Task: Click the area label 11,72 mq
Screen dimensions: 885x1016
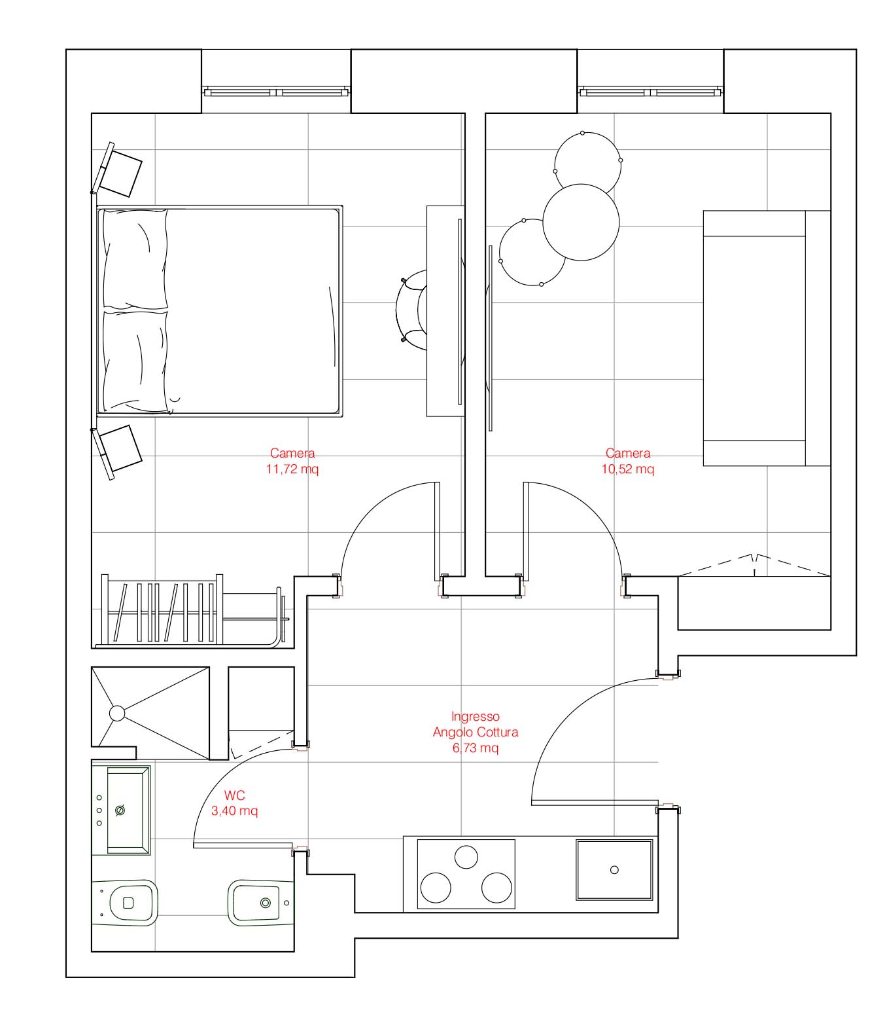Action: click(x=292, y=469)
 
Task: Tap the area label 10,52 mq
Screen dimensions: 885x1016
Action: click(x=627, y=469)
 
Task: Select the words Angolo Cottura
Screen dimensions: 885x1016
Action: click(x=476, y=732)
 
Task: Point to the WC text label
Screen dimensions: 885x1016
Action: click(x=234, y=795)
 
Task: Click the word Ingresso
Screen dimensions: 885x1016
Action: click(x=476, y=716)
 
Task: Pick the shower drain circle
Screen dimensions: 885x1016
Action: click(x=117, y=713)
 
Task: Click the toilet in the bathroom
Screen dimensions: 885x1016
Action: click(x=125, y=903)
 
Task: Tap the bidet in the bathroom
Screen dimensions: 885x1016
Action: click(x=261, y=903)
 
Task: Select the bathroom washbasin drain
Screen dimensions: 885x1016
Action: click(x=120, y=810)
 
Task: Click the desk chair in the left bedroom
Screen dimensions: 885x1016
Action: click(x=411, y=310)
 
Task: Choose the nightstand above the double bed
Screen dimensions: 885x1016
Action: click(x=116, y=170)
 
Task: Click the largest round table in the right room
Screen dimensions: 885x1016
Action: click(x=581, y=222)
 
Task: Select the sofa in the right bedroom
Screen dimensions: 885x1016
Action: click(x=767, y=338)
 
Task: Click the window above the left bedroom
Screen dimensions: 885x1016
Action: click(x=276, y=92)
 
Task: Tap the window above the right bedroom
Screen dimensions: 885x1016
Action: click(x=650, y=92)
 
